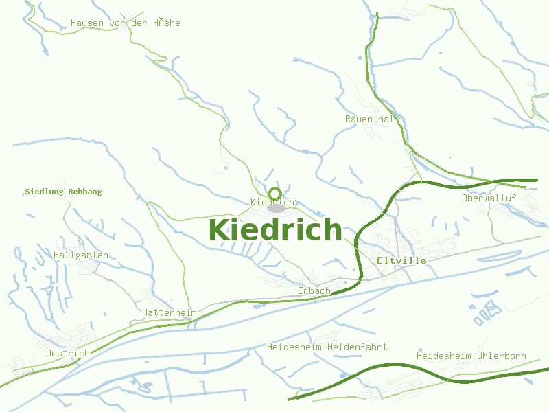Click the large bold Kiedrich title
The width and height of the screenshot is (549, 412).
[274, 230]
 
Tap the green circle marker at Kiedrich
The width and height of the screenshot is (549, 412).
[274, 193]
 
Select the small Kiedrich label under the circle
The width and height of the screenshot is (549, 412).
[272, 203]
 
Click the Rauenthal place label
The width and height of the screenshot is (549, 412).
[369, 119]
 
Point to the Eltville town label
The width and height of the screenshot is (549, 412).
[401, 261]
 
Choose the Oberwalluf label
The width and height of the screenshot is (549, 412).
[489, 198]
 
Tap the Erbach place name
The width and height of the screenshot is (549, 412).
[314, 291]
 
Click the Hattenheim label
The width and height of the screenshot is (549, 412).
[169, 313]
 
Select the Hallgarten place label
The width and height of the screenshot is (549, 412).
[81, 255]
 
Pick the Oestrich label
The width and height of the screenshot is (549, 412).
[68, 354]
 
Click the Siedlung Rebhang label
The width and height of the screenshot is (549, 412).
[63, 192]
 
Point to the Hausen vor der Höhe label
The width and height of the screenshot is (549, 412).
[126, 23]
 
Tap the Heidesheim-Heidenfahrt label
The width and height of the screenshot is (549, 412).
[327, 347]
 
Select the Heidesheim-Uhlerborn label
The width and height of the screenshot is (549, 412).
[471, 356]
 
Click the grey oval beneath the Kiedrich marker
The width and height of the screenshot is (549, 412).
[277, 208]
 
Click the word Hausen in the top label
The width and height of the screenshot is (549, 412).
[86, 23]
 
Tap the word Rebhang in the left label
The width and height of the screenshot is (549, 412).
[84, 192]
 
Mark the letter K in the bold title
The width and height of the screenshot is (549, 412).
[218, 230]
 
